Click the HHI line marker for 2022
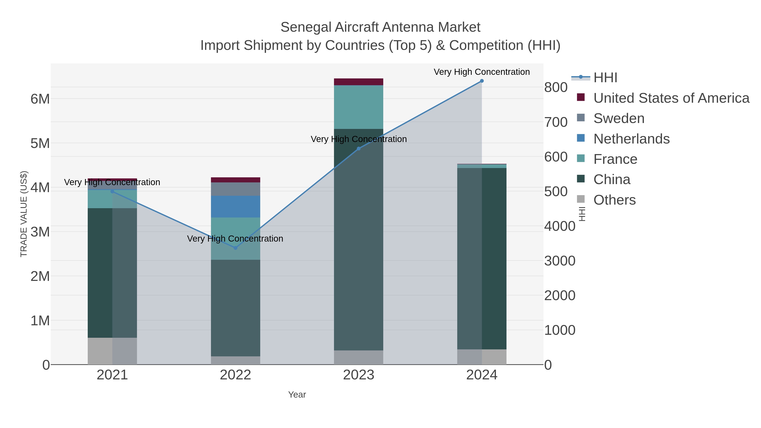coord(235,248)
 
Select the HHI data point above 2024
coord(482,81)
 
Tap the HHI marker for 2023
coord(359,149)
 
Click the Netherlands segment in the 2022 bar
coord(235,206)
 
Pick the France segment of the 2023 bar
coord(359,107)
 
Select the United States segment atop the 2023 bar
coord(359,82)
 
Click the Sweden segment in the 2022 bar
coord(235,189)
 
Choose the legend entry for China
coord(612,180)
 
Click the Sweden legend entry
coord(619,118)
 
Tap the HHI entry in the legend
coord(605,78)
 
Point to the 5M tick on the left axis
coord(40,144)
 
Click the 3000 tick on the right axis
coord(560,261)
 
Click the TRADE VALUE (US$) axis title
coord(24,214)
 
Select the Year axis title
coord(297,395)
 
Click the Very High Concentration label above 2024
coord(482,72)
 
